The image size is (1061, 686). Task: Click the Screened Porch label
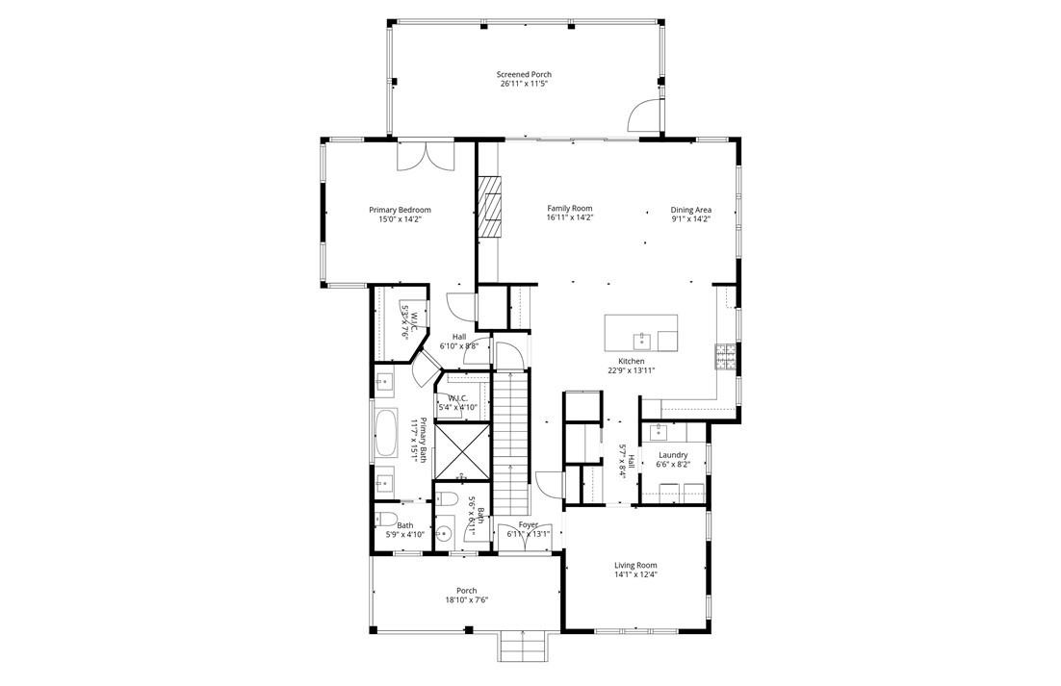click(x=524, y=74)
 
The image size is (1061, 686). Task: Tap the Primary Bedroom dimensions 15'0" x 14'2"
click(x=400, y=219)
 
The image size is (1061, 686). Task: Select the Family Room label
click(x=569, y=208)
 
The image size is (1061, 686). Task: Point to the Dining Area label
click(x=690, y=210)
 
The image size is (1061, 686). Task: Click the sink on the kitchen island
click(x=642, y=340)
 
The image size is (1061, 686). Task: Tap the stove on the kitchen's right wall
click(x=725, y=356)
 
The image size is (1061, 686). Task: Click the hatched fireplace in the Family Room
click(x=491, y=205)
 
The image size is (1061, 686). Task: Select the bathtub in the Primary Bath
click(x=386, y=434)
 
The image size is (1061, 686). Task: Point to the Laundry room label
click(x=672, y=454)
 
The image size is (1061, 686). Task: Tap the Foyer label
click(x=528, y=524)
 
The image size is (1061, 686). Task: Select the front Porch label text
click(x=466, y=591)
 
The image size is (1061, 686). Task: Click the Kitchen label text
click(x=632, y=361)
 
